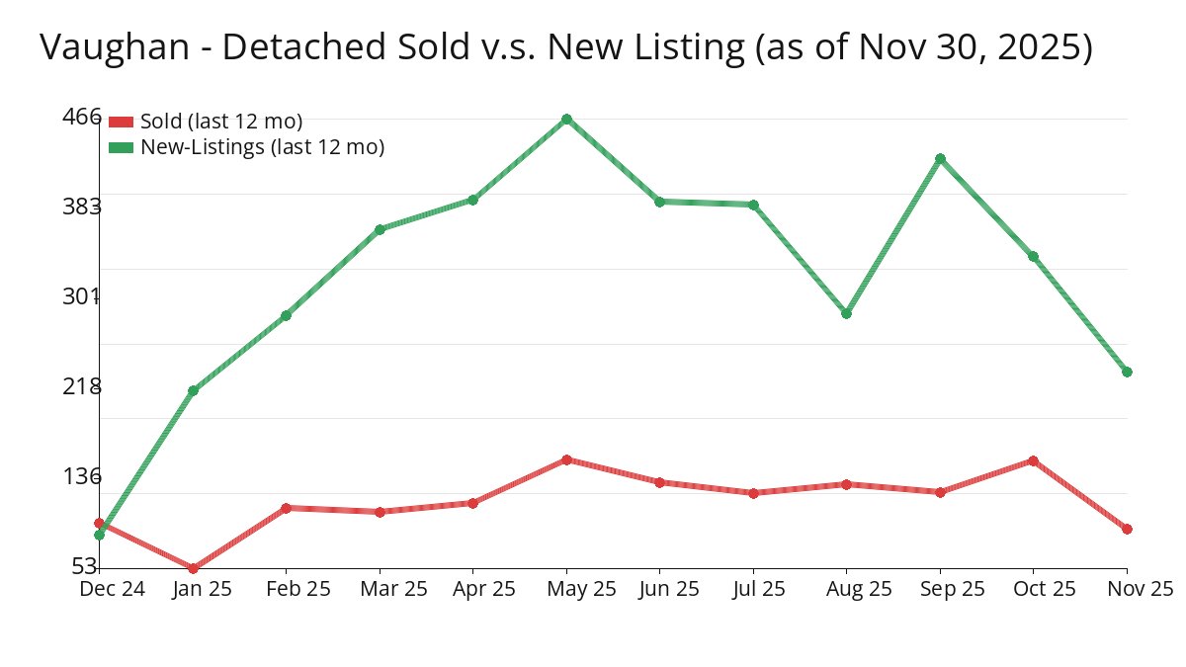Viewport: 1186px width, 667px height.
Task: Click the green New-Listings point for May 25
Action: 566,120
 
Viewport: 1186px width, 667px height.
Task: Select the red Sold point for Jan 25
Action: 193,568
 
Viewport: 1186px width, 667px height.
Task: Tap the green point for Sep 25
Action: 940,158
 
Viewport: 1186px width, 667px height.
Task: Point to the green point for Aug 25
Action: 846,313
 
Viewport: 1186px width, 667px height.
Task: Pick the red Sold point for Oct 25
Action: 1033,460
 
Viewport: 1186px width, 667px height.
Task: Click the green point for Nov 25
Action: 1127,372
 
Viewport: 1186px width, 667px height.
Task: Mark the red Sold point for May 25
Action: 566,459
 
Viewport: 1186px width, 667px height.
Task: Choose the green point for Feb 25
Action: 286,315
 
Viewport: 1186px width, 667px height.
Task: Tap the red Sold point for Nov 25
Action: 1127,529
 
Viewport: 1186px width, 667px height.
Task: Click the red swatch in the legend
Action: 121,122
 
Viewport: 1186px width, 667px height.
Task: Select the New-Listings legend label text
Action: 262,147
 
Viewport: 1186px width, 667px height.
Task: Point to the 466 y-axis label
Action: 82,117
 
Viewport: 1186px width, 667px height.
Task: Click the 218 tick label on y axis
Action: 82,386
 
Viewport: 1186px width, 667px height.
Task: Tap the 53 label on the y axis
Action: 86,566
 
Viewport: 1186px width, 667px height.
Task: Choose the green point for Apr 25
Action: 472,200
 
